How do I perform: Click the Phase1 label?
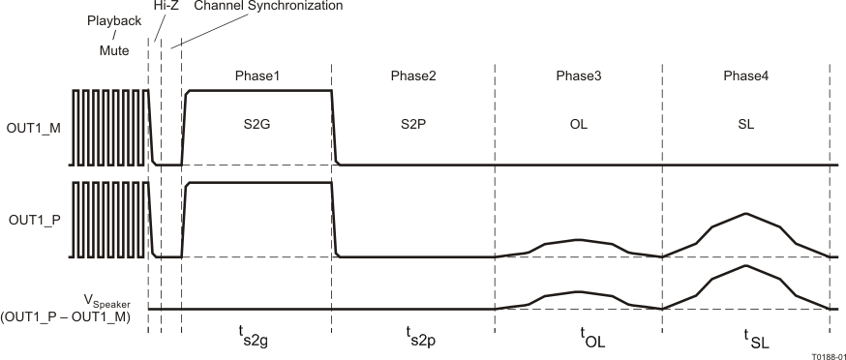point(257,75)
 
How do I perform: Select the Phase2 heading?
point(413,75)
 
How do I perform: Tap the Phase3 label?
point(579,75)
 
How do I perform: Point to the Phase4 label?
point(745,75)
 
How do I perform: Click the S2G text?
point(257,125)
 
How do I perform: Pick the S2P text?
point(413,125)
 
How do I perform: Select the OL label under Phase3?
point(579,125)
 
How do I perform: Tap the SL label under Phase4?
point(745,125)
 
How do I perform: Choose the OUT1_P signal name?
point(34,220)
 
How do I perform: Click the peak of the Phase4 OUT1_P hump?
point(744,213)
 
